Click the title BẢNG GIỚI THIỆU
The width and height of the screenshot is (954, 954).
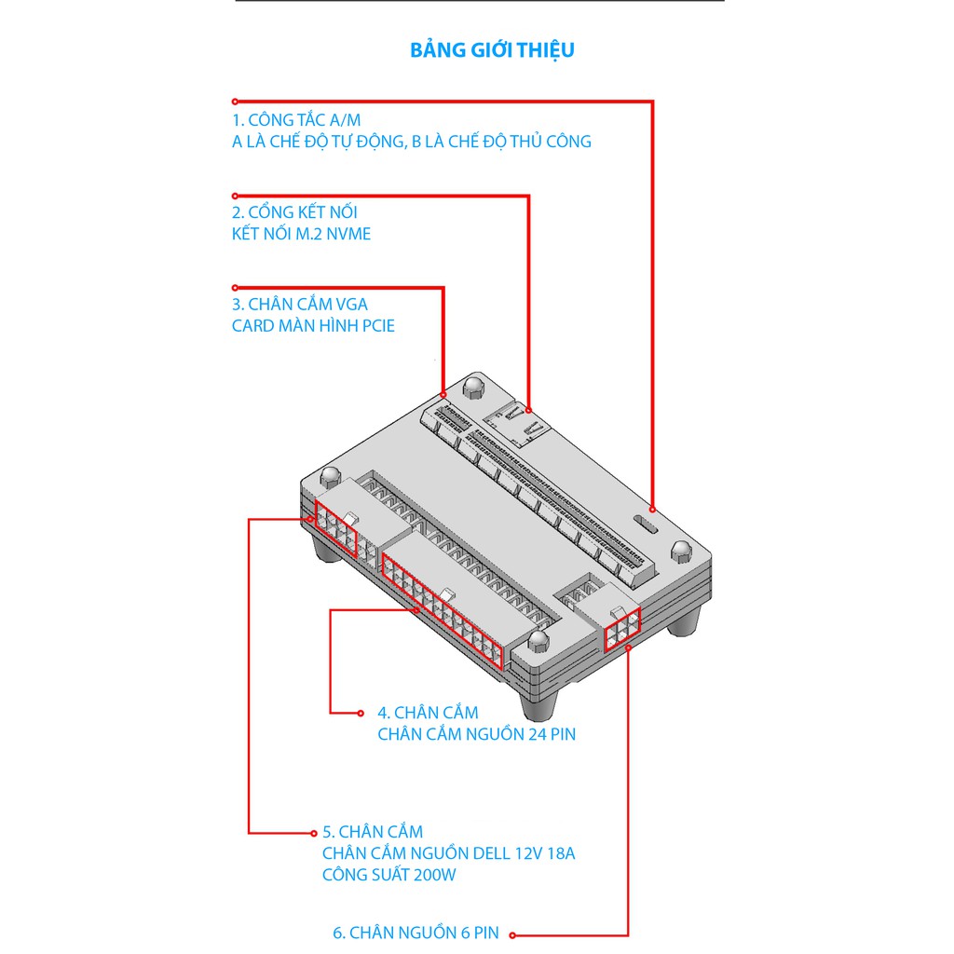point(492,50)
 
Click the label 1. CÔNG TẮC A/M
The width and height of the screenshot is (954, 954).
point(296,120)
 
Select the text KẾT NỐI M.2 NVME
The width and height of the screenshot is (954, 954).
point(301,234)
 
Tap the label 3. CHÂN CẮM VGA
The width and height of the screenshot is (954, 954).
point(300,305)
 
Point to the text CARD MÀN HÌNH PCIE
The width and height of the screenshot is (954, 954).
point(313,325)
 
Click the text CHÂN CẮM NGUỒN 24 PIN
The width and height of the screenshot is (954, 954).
point(476,734)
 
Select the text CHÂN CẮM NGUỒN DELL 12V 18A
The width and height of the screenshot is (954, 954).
point(448,853)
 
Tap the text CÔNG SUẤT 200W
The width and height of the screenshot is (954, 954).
point(388,875)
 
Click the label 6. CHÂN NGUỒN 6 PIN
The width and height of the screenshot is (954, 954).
point(416,933)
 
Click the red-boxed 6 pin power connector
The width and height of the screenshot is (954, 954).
point(622,630)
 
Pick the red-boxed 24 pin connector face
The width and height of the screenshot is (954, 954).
point(443,611)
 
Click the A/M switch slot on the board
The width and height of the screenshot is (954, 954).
point(646,525)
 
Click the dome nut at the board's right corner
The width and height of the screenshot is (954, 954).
point(681,552)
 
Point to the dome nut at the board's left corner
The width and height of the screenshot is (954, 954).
point(331,476)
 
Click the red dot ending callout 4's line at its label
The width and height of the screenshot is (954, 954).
point(361,713)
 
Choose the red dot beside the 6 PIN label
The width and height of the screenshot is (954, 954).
point(513,935)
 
